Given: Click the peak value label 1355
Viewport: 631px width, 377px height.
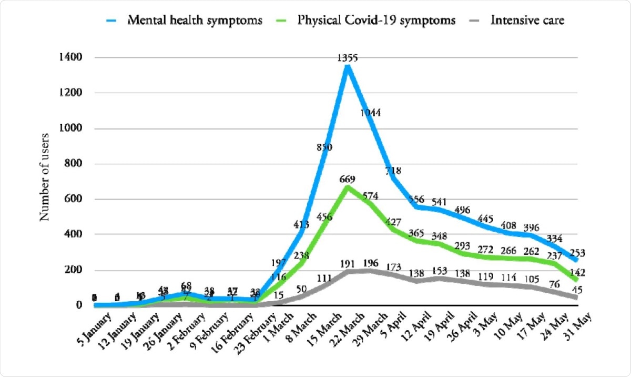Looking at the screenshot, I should [347, 58].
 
